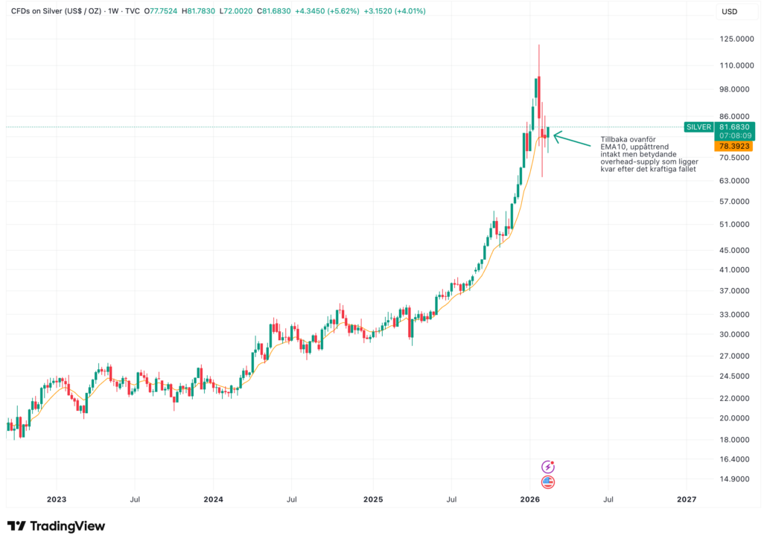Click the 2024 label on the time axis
pos(214,499)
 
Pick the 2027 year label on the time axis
pos(687,499)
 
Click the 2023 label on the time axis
pos(57,499)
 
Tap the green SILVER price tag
pos(698,127)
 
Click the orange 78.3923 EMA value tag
pos(734,147)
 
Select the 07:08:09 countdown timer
pos(734,136)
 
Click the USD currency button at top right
pos(730,12)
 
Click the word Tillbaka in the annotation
pos(615,139)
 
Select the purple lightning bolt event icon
pos(549,467)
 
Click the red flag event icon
pos(549,482)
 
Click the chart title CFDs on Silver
pos(44,12)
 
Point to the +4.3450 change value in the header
pos(327,12)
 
